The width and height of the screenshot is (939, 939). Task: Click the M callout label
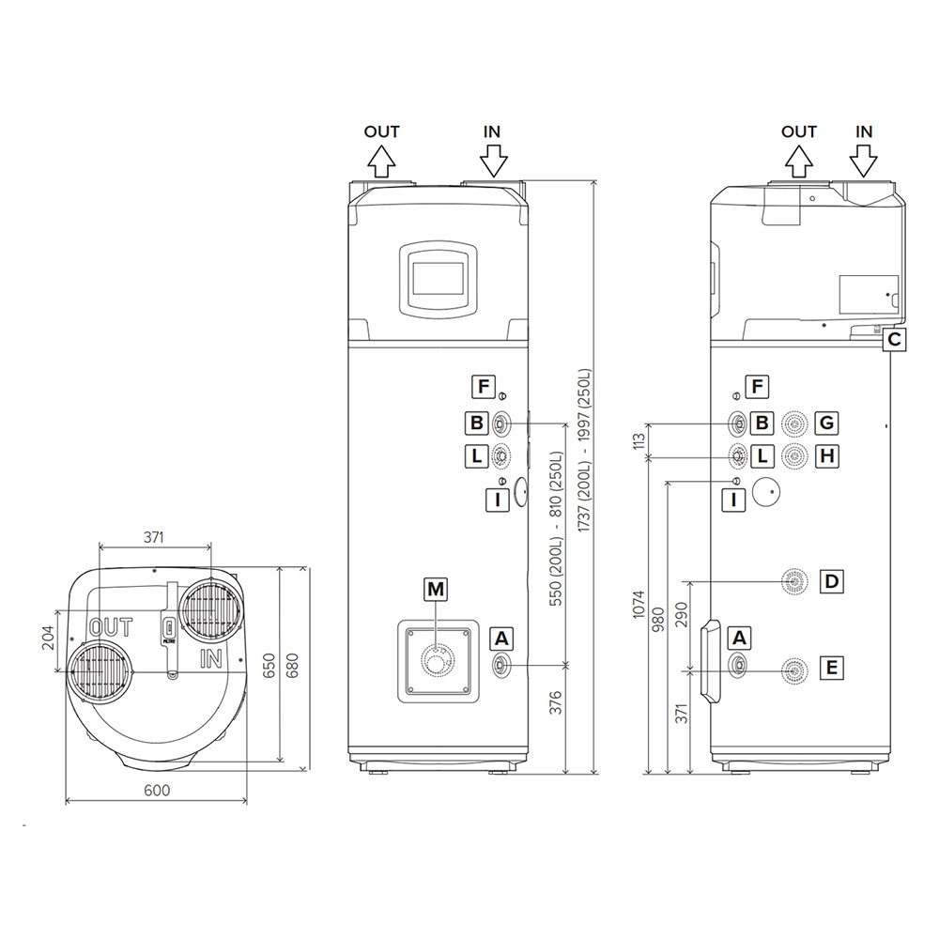[x=436, y=590]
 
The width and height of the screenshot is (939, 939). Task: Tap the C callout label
[x=894, y=340]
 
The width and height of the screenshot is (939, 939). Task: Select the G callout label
[x=826, y=423]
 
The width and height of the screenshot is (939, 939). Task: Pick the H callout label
[x=826, y=455]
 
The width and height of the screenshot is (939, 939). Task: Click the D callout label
[x=831, y=581]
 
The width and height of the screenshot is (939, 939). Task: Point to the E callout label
[x=831, y=667]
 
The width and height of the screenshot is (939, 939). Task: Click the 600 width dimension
[x=157, y=791]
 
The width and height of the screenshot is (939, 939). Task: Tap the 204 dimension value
[x=49, y=638]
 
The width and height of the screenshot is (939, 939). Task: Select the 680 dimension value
[x=292, y=666]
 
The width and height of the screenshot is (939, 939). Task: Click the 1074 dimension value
[x=639, y=604]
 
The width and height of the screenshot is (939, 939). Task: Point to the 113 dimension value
[x=639, y=440]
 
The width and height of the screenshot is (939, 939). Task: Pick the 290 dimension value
[x=681, y=615]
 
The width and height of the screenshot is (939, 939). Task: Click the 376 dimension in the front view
[x=556, y=702]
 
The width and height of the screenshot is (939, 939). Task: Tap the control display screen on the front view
[x=439, y=279]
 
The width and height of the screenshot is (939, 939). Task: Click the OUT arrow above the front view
[x=381, y=162]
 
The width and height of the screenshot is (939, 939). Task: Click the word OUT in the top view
[x=111, y=627]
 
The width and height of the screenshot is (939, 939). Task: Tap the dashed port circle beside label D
[x=794, y=581]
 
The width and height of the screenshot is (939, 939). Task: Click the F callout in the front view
[x=483, y=386]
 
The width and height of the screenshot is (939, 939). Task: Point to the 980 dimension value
[x=658, y=621]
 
